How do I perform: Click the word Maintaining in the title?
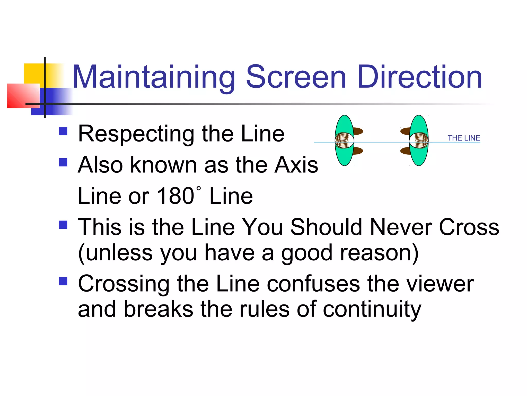click(154, 77)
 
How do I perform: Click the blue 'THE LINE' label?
click(464, 138)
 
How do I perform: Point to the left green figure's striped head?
click(342, 141)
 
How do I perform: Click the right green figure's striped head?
click(421, 141)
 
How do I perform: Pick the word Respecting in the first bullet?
click(136, 134)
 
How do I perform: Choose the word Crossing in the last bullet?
click(124, 284)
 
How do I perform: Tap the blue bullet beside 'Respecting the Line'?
click(63, 131)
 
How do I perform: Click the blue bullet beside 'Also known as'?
click(63, 162)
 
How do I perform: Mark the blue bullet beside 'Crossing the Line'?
click(63, 281)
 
